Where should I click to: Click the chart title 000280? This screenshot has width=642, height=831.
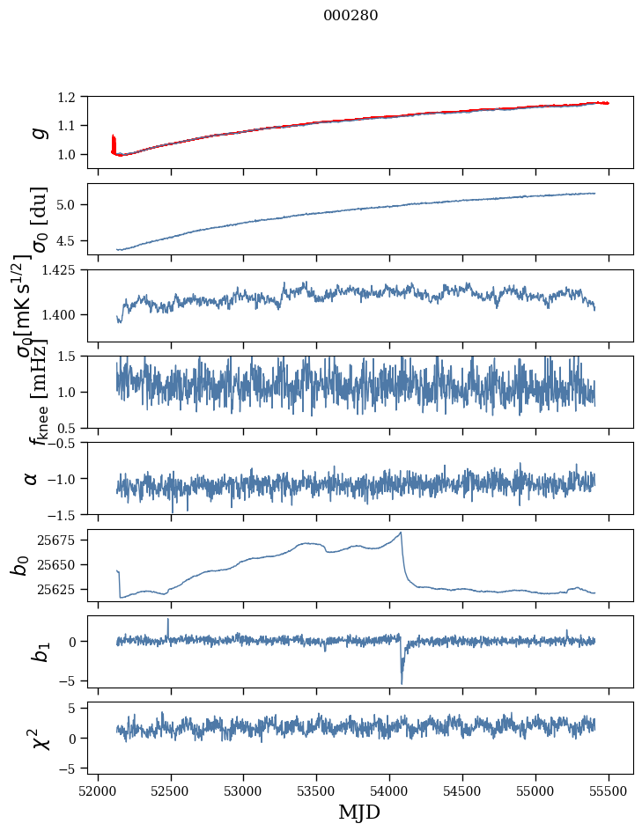[x=351, y=16]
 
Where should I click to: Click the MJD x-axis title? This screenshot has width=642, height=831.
[x=359, y=812]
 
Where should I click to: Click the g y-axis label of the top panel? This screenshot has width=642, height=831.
[x=38, y=131]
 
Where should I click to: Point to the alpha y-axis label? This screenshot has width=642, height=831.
[x=31, y=478]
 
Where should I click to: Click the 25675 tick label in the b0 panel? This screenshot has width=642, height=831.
[x=63, y=540]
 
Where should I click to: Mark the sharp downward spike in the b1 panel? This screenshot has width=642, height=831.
[x=402, y=681]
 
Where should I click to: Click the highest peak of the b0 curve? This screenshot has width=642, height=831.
[x=401, y=533]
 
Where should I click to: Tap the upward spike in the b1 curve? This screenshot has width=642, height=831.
[x=168, y=620]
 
